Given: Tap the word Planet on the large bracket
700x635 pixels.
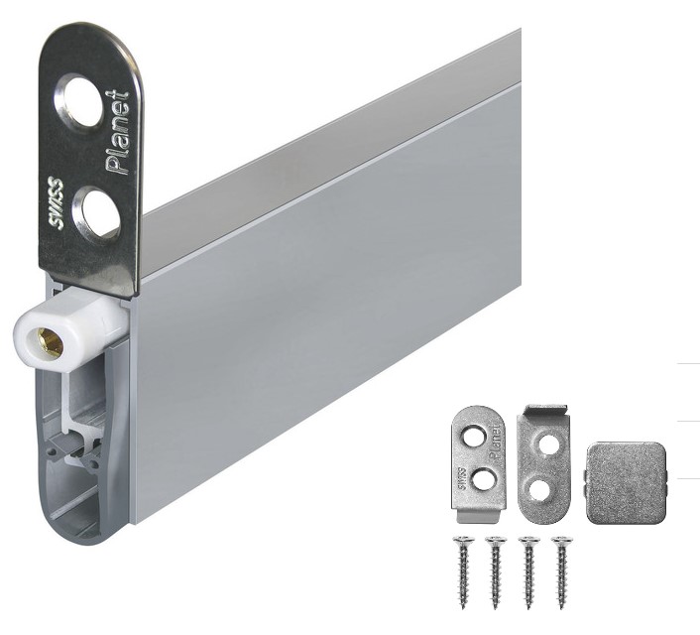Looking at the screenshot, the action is click(118, 132).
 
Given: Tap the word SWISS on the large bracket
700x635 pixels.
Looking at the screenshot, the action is click(56, 202).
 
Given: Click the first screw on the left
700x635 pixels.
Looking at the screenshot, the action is click(463, 572).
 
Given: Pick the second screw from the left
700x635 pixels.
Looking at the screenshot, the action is click(495, 572).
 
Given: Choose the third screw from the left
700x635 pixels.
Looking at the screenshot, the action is click(528, 572).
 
